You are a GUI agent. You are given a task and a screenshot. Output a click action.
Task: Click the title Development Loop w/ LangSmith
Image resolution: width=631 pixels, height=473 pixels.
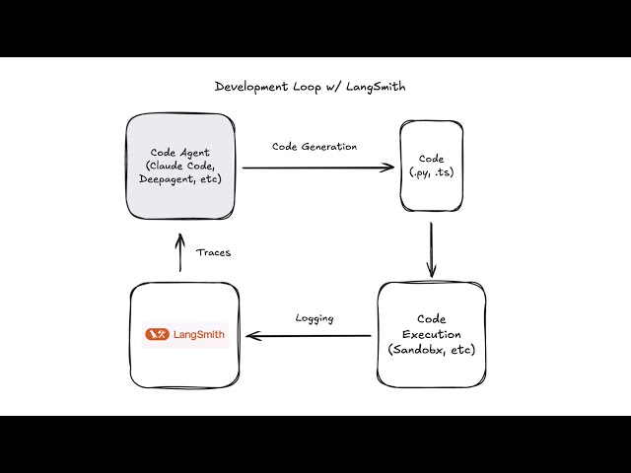[x=310, y=87]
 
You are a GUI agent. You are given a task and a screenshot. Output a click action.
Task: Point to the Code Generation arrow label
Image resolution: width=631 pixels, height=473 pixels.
[x=315, y=146]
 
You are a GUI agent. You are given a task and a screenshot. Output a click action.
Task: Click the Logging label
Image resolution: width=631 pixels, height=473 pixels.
[x=315, y=317]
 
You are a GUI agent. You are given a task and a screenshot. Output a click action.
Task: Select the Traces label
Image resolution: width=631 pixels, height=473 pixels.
[x=213, y=252]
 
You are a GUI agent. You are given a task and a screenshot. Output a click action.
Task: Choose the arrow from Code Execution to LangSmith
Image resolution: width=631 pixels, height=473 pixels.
[x=311, y=336]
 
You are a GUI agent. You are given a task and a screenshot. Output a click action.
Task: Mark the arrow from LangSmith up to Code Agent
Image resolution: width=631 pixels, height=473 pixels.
[x=179, y=252]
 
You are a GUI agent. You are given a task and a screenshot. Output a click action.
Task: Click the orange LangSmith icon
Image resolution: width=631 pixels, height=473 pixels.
[x=157, y=335]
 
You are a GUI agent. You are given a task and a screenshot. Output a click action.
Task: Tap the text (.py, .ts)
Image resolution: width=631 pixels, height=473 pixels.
[x=431, y=172]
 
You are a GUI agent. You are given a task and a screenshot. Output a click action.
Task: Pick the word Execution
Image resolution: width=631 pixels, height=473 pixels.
[x=430, y=335]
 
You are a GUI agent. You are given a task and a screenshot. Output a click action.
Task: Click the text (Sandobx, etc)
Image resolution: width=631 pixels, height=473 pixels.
[x=430, y=350]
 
